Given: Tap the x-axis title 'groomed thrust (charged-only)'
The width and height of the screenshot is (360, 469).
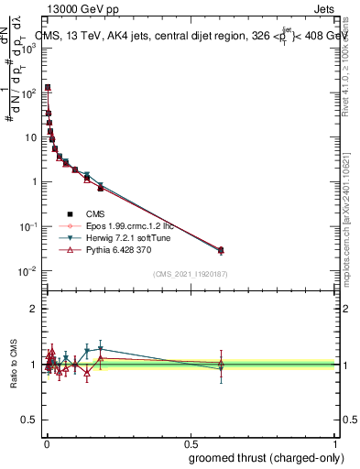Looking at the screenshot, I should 259,457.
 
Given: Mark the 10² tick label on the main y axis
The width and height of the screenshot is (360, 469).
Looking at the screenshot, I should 27,92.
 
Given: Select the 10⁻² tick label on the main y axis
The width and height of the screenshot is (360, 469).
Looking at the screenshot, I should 27,270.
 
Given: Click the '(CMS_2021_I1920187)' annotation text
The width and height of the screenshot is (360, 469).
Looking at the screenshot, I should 190,273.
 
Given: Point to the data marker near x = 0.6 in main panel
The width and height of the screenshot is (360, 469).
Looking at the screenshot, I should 220,249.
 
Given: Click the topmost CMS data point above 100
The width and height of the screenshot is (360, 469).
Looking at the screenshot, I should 48,87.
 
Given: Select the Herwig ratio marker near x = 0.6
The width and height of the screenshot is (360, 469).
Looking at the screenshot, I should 220,368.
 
